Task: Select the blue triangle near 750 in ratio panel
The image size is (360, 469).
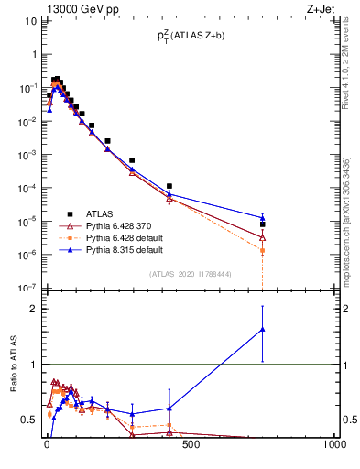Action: click(x=263, y=329)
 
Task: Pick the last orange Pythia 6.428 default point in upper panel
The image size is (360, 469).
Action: click(x=263, y=250)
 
